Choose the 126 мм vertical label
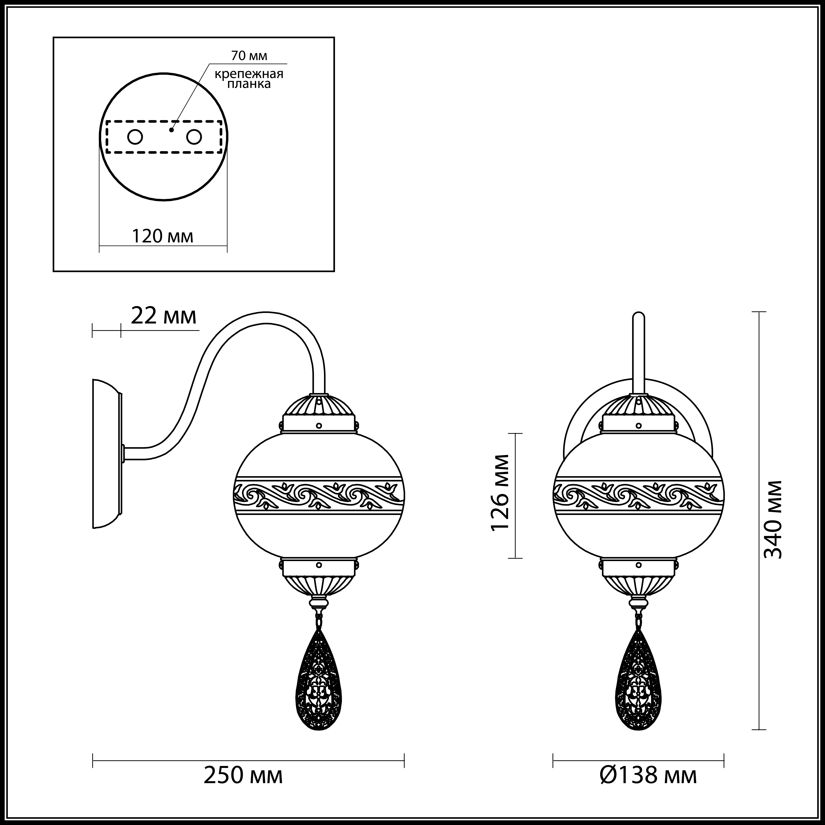pyautogui.click(x=500, y=492)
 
